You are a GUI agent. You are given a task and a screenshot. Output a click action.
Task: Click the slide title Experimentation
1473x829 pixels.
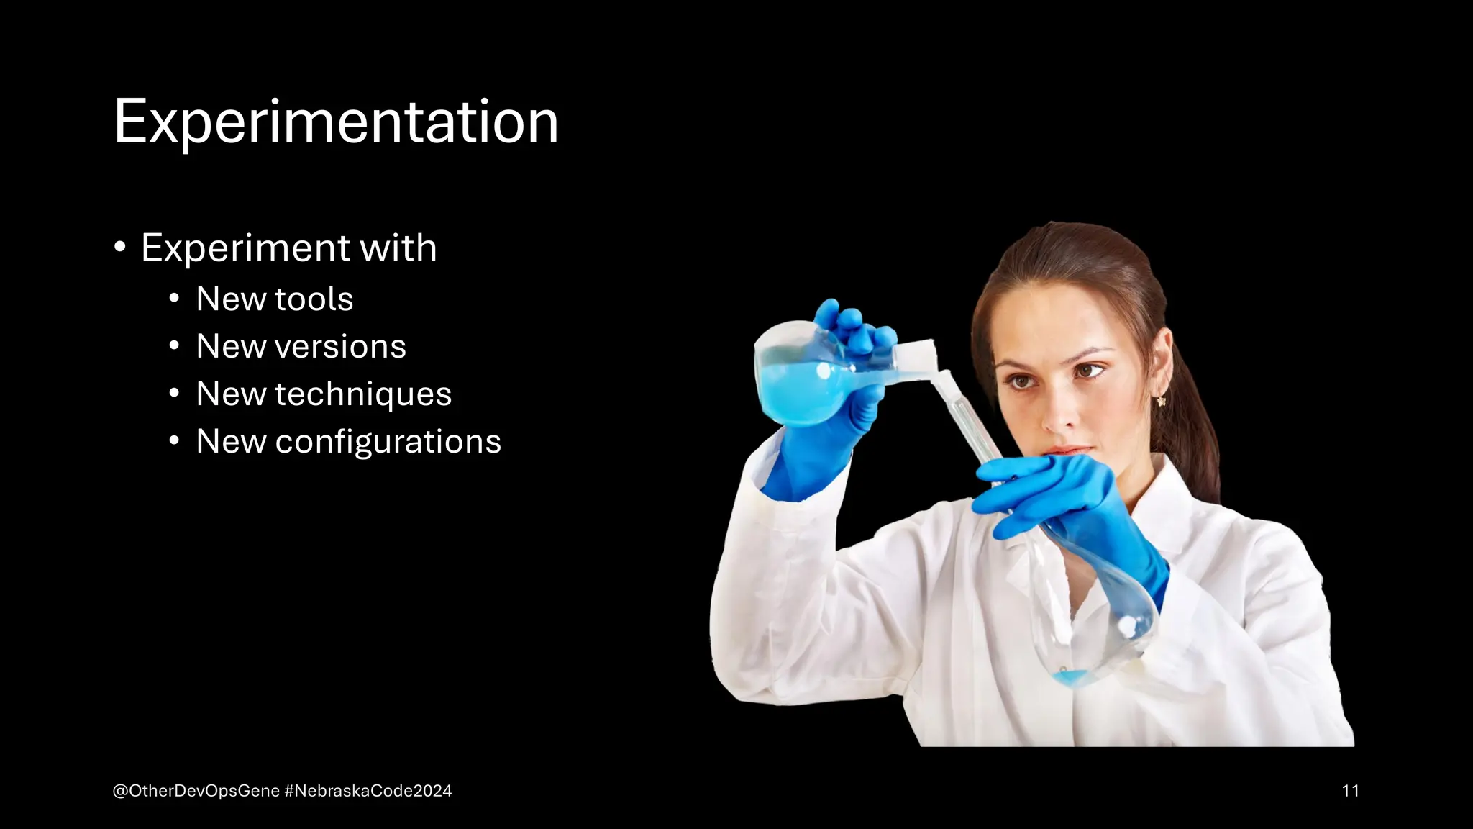(x=336, y=122)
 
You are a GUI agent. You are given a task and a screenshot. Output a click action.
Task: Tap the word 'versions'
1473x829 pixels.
(x=341, y=347)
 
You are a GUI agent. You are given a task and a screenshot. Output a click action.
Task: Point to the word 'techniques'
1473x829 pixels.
(x=363, y=394)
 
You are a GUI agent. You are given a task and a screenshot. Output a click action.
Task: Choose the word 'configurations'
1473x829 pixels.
(x=388, y=442)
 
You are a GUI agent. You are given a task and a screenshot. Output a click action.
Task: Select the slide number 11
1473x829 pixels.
(x=1350, y=791)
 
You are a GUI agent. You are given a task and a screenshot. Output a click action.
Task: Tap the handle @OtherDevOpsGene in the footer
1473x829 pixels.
(x=196, y=791)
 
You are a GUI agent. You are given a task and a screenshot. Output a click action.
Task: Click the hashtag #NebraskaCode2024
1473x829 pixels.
(x=368, y=791)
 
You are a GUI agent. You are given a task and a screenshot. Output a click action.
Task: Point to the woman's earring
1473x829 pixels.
(x=1161, y=401)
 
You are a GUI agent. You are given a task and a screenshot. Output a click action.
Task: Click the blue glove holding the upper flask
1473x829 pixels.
(x=842, y=403)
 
